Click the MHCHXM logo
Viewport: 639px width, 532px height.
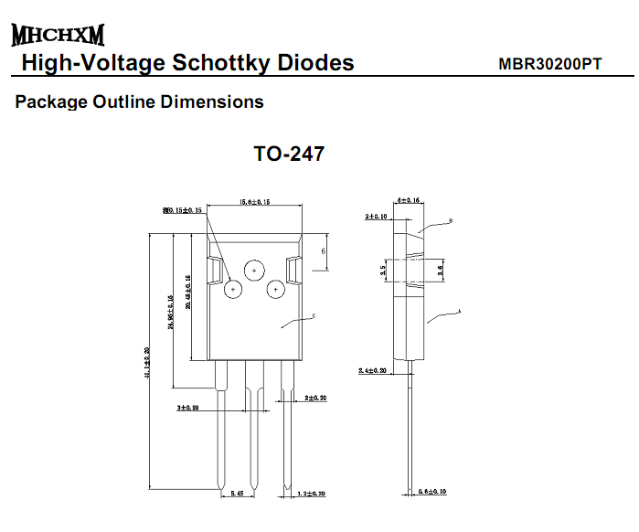[x=58, y=36]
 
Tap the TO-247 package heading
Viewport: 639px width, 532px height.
[x=289, y=154]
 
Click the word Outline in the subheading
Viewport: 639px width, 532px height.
[x=124, y=101]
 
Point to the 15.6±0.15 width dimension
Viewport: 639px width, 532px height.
[x=254, y=202]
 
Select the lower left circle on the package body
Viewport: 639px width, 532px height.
[x=233, y=290]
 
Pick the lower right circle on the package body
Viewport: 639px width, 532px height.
[x=274, y=290]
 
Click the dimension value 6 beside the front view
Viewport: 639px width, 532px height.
[x=324, y=250]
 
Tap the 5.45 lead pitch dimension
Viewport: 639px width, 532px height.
[x=237, y=494]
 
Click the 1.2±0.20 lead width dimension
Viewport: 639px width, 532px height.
[x=312, y=494]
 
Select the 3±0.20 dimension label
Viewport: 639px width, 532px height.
[x=187, y=407]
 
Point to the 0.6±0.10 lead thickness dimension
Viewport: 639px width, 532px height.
[x=432, y=492]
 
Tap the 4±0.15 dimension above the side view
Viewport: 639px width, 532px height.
[x=410, y=199]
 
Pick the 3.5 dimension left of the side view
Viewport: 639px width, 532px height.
[x=382, y=270]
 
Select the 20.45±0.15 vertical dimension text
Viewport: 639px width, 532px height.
[x=188, y=292]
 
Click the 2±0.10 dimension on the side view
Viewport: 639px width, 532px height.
[x=376, y=217]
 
